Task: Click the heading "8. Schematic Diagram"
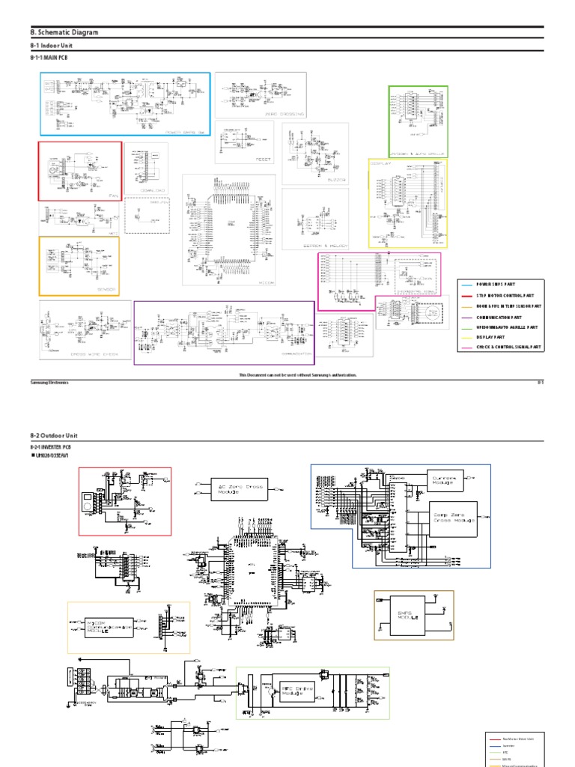(x=64, y=33)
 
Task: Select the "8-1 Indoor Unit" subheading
(x=51, y=46)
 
